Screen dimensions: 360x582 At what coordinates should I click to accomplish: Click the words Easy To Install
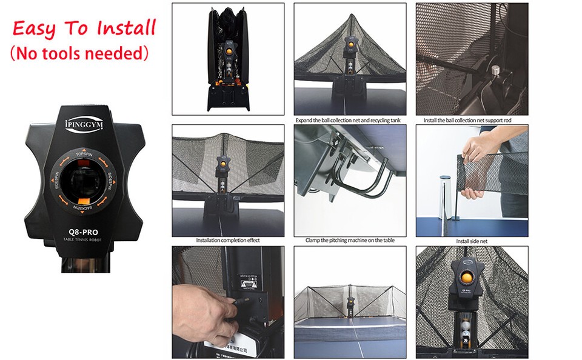point(84,28)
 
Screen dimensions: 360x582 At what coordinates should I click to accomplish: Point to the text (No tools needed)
point(79,53)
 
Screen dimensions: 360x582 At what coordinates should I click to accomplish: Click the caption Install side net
point(472,241)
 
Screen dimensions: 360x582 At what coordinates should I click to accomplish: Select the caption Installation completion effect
point(228,241)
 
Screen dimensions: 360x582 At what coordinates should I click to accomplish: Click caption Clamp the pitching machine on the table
point(350,241)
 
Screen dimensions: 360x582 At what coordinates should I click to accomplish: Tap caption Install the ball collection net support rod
point(472,120)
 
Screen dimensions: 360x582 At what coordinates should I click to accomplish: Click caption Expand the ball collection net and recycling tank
point(350,120)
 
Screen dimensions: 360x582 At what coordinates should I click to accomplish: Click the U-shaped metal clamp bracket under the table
point(364,179)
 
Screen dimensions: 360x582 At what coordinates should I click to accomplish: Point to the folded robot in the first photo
point(228,61)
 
